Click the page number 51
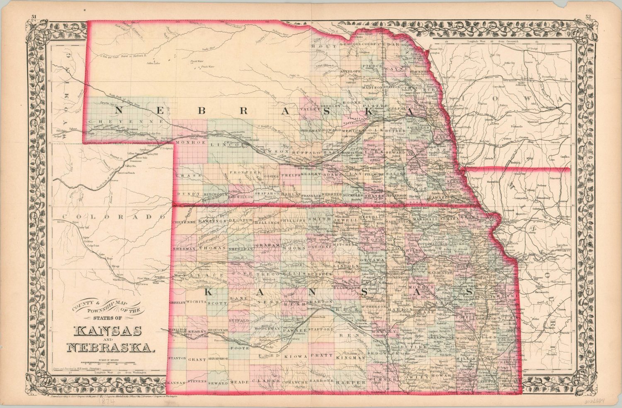point(34,17)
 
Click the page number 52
point(588,17)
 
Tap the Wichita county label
point(196,302)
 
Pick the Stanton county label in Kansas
point(176,357)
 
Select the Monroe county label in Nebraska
point(191,142)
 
